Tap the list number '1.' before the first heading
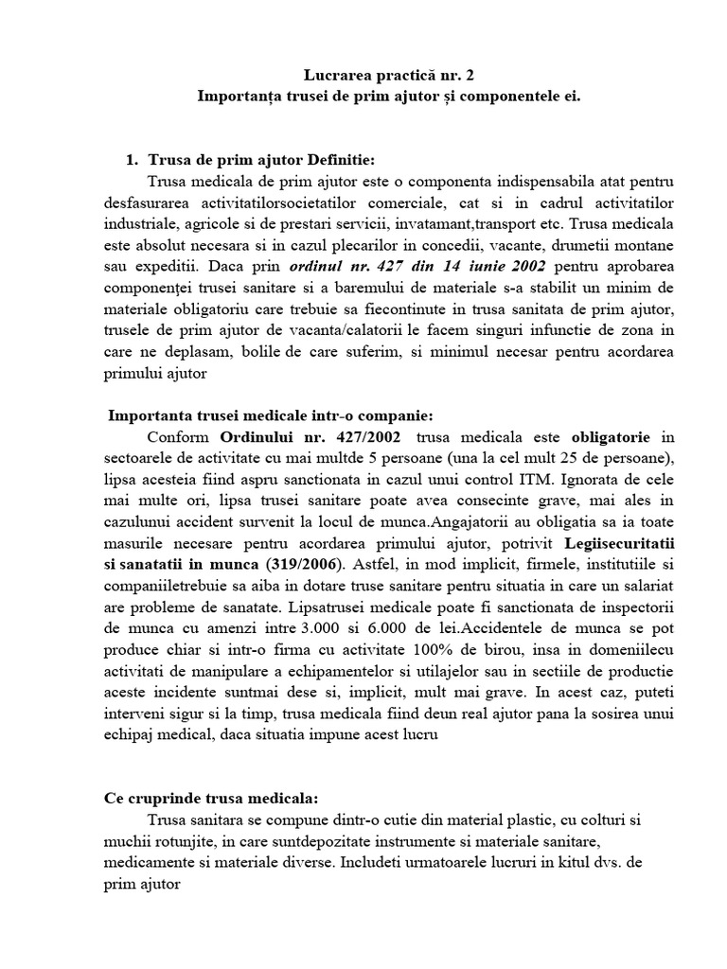[x=133, y=160]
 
